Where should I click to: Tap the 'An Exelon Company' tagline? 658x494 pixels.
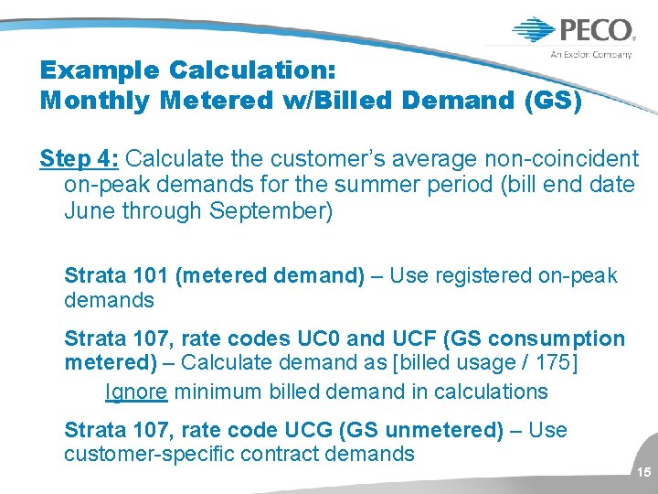[x=590, y=55]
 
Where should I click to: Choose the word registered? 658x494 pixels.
[x=478, y=275]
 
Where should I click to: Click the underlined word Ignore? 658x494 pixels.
[x=136, y=392]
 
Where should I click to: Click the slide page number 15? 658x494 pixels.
[x=643, y=473]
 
